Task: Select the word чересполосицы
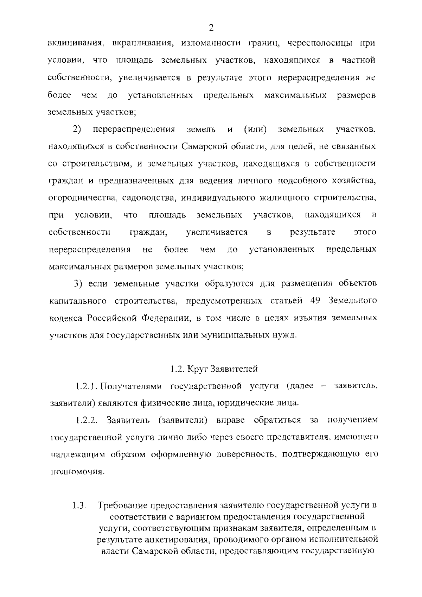click(x=315, y=44)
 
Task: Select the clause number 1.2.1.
click(x=86, y=386)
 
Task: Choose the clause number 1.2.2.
click(x=86, y=420)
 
